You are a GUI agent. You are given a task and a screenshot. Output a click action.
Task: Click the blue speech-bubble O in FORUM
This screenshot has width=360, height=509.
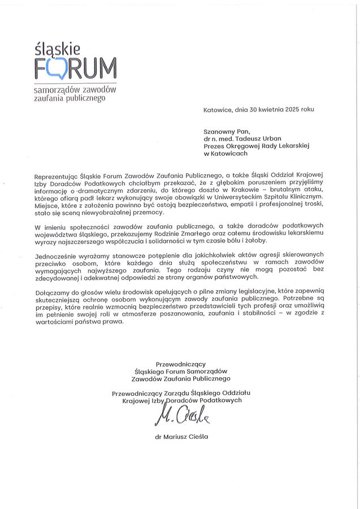55,68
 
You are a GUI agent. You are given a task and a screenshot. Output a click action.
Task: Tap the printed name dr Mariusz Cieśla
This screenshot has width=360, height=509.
181,437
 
